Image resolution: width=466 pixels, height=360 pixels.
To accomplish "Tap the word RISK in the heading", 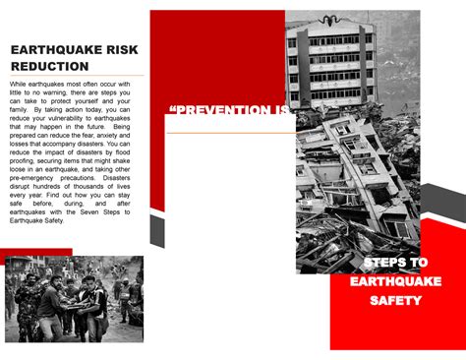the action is click(x=116, y=49).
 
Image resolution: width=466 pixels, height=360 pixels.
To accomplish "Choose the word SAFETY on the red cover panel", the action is click(x=395, y=300).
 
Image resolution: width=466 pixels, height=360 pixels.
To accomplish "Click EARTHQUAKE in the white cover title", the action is click(x=395, y=281).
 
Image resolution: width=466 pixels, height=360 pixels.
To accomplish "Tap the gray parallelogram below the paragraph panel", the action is click(x=156, y=231).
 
